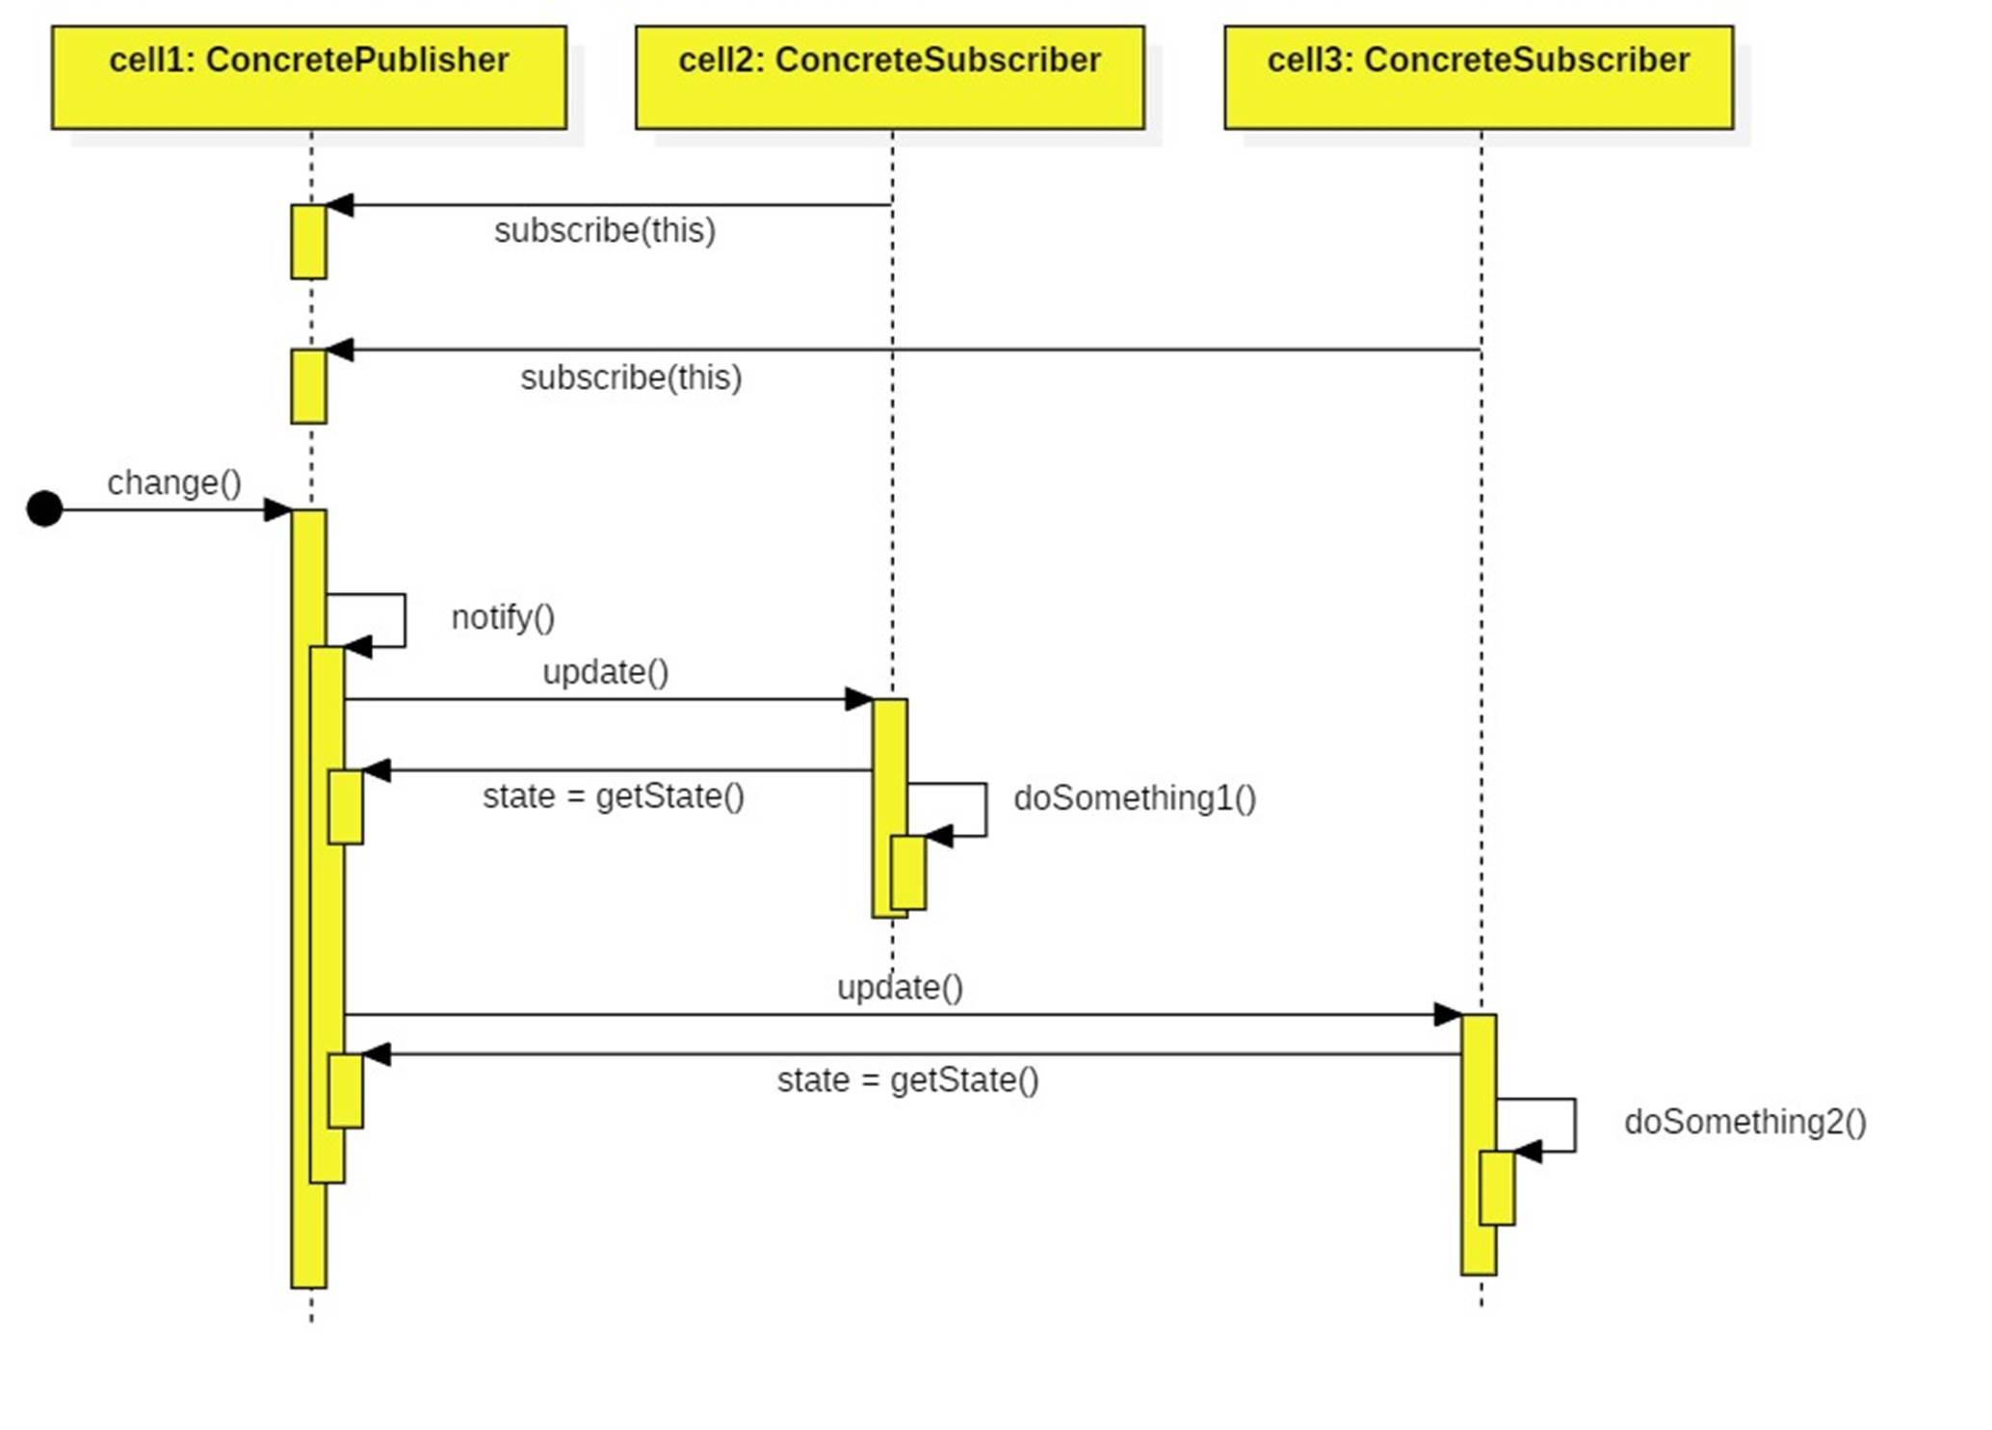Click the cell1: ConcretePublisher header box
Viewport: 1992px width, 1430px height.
point(308,77)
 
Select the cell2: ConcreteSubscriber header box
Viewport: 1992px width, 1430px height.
point(889,77)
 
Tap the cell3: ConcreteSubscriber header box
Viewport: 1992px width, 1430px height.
point(1478,77)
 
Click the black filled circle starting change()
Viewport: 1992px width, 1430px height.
point(44,508)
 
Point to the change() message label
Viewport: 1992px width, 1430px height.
point(174,482)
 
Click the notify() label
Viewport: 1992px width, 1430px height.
point(503,617)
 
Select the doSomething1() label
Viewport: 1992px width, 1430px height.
point(1135,798)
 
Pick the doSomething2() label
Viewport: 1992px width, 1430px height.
point(1744,1122)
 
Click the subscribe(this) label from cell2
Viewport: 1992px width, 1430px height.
point(605,231)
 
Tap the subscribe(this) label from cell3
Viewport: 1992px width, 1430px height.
point(631,377)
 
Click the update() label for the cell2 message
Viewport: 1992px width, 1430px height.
point(605,672)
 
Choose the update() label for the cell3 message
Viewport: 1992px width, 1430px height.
point(900,988)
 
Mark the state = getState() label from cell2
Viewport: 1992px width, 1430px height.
point(614,796)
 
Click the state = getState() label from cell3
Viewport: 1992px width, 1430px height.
point(907,1080)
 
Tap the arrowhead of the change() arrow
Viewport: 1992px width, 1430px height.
point(278,509)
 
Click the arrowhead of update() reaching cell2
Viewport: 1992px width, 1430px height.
point(859,699)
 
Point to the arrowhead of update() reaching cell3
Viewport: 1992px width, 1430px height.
point(1448,1014)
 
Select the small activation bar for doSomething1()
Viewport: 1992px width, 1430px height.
point(908,872)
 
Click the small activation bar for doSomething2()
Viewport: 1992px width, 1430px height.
point(1497,1187)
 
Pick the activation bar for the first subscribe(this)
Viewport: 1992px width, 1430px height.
point(308,242)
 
